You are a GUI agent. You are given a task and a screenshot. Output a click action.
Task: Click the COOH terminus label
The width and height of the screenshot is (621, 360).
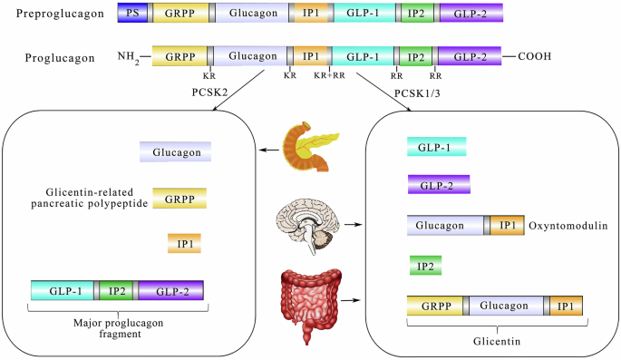pos(537,57)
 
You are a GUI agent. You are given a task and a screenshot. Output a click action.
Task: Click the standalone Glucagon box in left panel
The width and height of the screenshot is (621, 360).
pos(175,152)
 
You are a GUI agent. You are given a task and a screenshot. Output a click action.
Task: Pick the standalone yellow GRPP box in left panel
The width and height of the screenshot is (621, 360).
pos(180,198)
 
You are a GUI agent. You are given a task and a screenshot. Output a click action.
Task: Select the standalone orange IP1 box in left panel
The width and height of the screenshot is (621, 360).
pos(183,244)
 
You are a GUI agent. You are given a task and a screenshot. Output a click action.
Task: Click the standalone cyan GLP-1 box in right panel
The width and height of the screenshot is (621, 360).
pos(436,146)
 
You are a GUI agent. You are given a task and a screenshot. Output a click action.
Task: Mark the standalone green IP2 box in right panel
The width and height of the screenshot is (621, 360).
pos(426,267)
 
